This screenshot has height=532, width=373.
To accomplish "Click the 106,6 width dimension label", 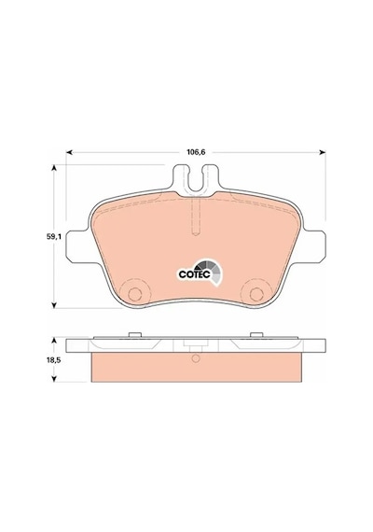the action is point(196,152).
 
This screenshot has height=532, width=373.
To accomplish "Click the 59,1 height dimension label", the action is point(53,237).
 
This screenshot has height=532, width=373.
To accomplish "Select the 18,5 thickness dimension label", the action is point(53,360).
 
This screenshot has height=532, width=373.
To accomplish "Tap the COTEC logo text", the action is point(195,274).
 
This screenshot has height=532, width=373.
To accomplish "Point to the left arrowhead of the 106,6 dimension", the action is point(69,152).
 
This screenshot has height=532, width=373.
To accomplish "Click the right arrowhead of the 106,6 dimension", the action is point(323,152).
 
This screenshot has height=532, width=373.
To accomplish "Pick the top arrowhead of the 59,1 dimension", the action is point(53,168).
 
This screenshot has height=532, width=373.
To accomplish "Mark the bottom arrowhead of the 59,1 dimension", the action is point(53,305).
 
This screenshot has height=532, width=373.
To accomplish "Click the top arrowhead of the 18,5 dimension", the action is point(53,341).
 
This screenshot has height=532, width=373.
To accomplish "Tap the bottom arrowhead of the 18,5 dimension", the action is point(53,379).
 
